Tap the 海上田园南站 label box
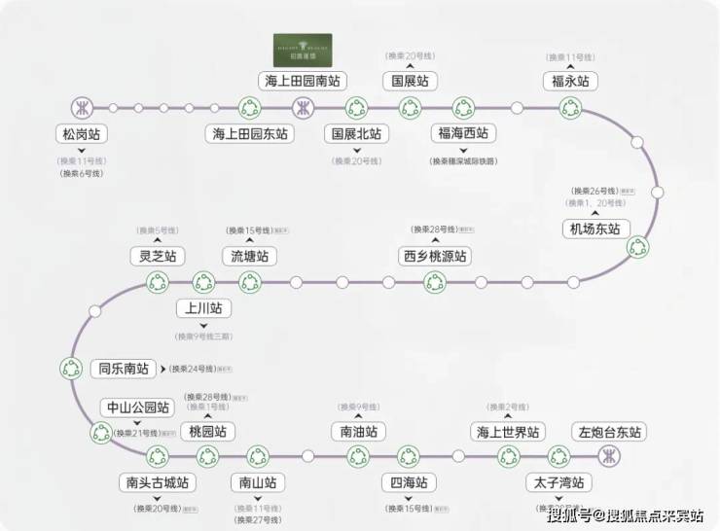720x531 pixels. (x=302, y=81)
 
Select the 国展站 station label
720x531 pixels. (x=410, y=81)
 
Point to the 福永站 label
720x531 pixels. (x=569, y=81)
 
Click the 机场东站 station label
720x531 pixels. (x=596, y=229)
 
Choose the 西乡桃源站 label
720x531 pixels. (x=435, y=257)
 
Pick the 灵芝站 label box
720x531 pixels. (x=158, y=257)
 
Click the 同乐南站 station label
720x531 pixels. (x=123, y=369)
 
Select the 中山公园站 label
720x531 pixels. (x=137, y=407)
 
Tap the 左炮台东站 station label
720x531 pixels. (x=611, y=431)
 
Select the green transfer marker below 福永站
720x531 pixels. (x=569, y=107)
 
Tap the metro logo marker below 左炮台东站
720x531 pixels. (x=611, y=455)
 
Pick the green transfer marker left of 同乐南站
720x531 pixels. (x=70, y=369)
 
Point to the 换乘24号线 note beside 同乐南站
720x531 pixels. (x=199, y=369)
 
